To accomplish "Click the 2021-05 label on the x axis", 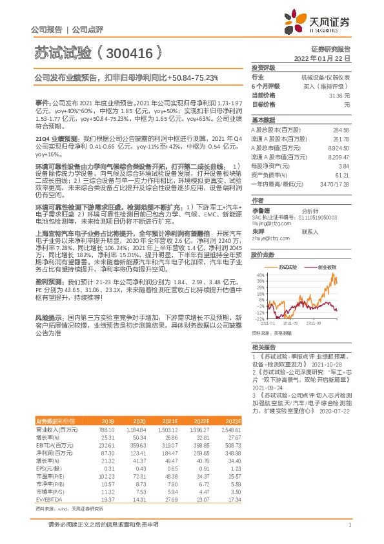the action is pyautogui.click(x=290, y=324).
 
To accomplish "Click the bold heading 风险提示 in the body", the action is pyautogui.click(x=48, y=318).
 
